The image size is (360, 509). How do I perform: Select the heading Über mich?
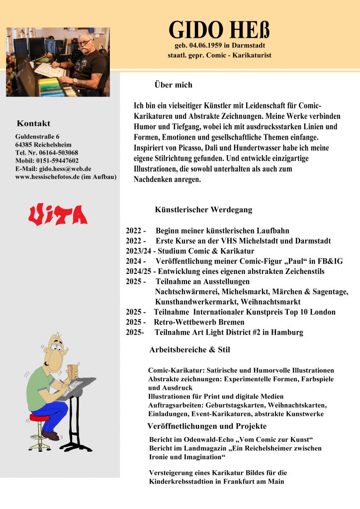pyautogui.click(x=173, y=85)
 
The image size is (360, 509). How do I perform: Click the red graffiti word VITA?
pyautogui.click(x=58, y=215)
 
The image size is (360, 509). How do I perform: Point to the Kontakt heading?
pyautogui.click(x=33, y=123)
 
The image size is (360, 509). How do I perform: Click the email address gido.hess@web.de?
pyautogui.click(x=65, y=169)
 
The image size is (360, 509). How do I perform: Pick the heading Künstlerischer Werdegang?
pyautogui.click(x=203, y=210)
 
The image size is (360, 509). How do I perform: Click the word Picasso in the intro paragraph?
pyautogui.click(x=192, y=148)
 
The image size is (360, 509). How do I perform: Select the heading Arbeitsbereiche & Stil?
pyautogui.click(x=189, y=350)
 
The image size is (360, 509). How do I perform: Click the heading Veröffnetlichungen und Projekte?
pyautogui.click(x=207, y=426)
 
